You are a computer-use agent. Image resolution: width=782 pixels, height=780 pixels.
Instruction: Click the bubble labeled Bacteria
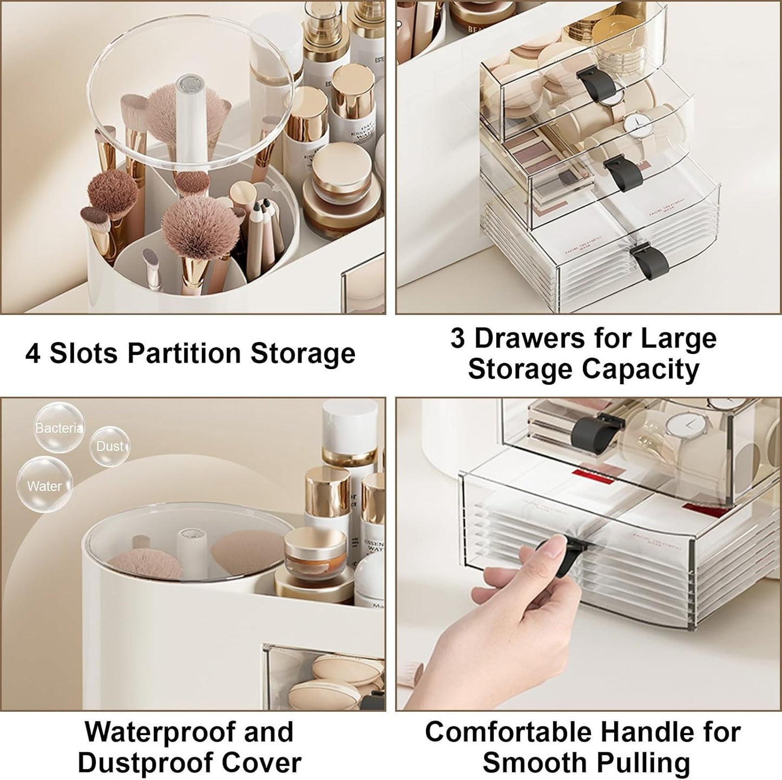coord(59,427)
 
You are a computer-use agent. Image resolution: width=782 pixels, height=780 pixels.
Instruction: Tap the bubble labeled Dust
coord(110,446)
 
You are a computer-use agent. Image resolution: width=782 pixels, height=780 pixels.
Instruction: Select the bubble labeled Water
coord(44,485)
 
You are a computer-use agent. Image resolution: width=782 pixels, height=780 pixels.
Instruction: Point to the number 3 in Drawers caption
coord(457,338)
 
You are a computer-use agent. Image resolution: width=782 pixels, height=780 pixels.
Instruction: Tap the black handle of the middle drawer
coord(623,173)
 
